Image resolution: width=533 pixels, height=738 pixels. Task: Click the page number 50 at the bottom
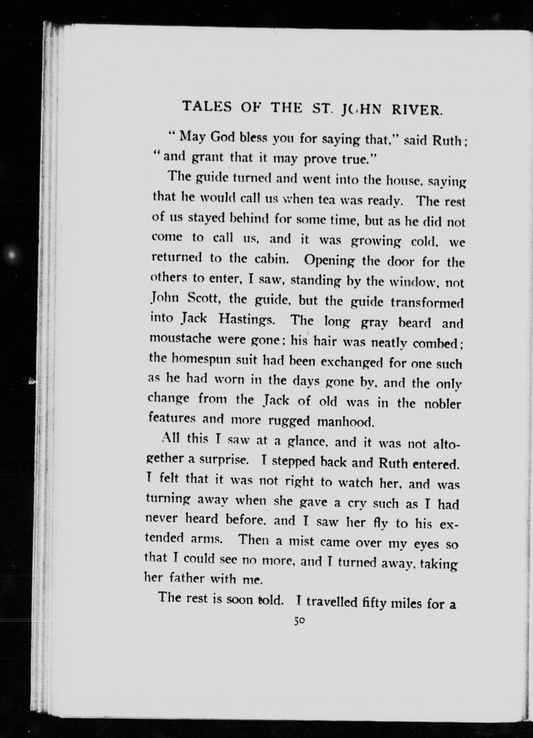point(299,621)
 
